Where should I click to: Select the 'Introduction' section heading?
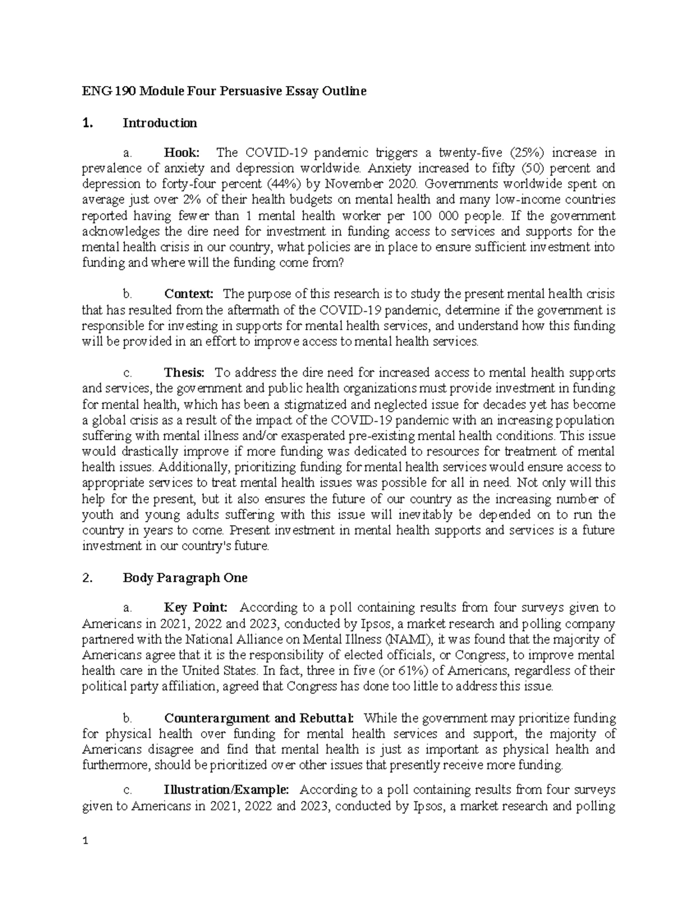coord(160,123)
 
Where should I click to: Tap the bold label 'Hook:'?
coord(182,153)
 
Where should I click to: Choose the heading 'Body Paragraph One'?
coord(185,578)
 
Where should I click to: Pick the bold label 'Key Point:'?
coord(197,608)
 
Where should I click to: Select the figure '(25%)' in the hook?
coord(527,153)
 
